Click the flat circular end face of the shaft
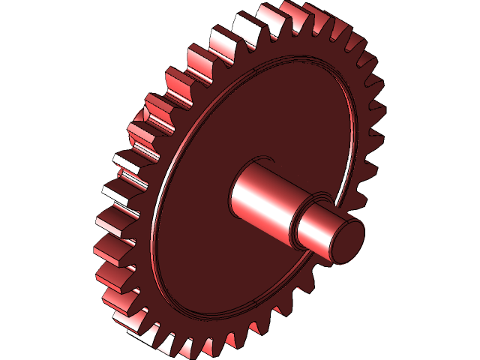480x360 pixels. point(347,241)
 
